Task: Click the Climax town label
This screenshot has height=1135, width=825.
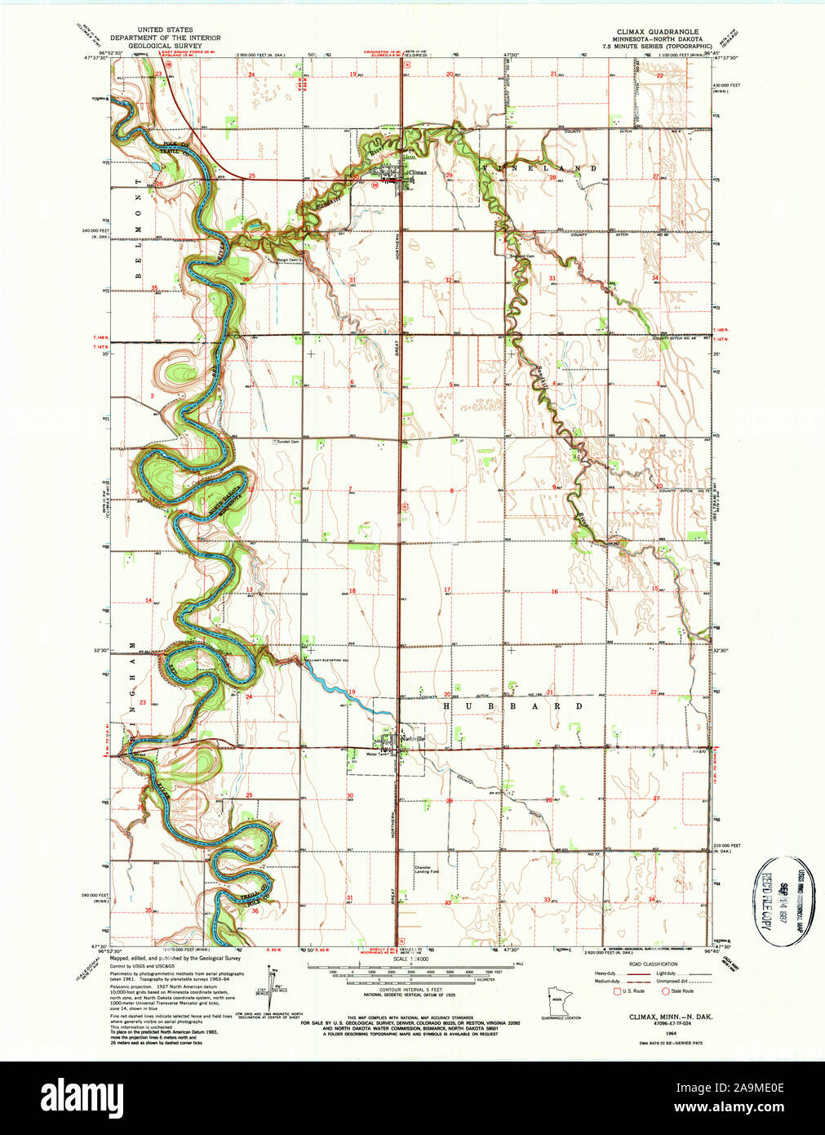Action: coord(418,172)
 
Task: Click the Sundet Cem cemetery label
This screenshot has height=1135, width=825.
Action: coord(286,441)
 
